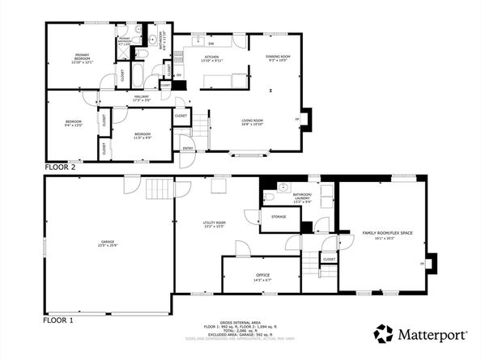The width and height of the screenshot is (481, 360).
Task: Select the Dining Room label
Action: click(x=278, y=57)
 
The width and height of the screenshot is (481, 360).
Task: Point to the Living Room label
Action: click(x=252, y=122)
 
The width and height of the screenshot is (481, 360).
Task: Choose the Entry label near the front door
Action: click(x=187, y=148)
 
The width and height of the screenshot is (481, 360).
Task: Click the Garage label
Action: click(x=107, y=243)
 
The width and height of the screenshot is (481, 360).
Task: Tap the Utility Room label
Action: click(x=214, y=224)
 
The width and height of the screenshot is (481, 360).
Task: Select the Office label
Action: click(x=262, y=277)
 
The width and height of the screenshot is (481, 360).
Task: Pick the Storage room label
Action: click(x=279, y=217)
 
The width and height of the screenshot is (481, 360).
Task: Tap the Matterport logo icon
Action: click(x=383, y=333)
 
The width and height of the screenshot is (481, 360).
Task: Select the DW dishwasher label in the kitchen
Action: click(x=211, y=43)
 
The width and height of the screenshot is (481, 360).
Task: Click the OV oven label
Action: click(x=168, y=76)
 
